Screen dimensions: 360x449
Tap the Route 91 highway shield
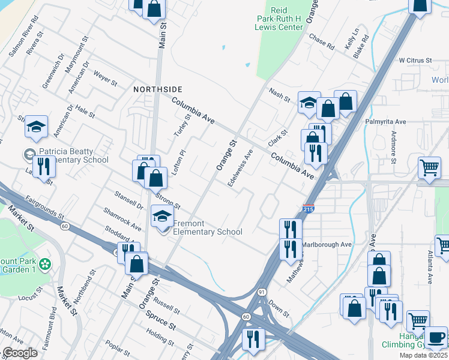(262, 292)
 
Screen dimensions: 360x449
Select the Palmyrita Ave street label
(386, 122)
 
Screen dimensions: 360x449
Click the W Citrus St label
(415, 61)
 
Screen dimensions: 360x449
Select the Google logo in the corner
(20, 353)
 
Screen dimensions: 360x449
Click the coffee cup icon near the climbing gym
(436, 337)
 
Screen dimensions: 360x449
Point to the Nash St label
(280, 94)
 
